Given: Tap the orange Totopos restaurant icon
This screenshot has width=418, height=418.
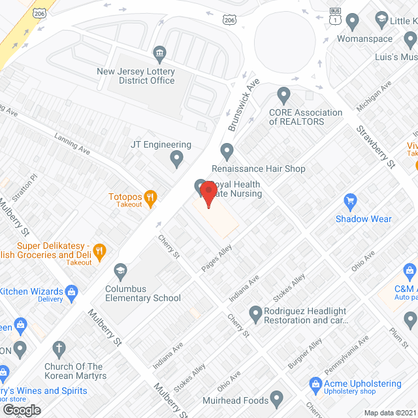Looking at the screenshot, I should tap(150, 197).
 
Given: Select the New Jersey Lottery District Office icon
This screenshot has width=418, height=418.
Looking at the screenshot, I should tap(159, 53).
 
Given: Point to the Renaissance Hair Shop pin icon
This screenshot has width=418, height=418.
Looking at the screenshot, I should tap(227, 152).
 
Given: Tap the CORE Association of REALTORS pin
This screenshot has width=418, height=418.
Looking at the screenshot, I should tap(283, 97).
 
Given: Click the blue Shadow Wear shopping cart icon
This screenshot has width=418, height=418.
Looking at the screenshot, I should tap(350, 202).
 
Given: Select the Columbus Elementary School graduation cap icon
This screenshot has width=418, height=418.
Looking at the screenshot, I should tap(120, 270).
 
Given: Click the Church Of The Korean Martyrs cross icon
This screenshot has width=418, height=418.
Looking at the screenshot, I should tap(59, 348).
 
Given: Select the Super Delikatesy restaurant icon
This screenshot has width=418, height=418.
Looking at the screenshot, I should tap(99, 249).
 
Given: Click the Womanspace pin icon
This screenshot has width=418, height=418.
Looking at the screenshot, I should tap(353, 22).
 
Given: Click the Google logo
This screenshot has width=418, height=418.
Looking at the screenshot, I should tap(22, 410).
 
